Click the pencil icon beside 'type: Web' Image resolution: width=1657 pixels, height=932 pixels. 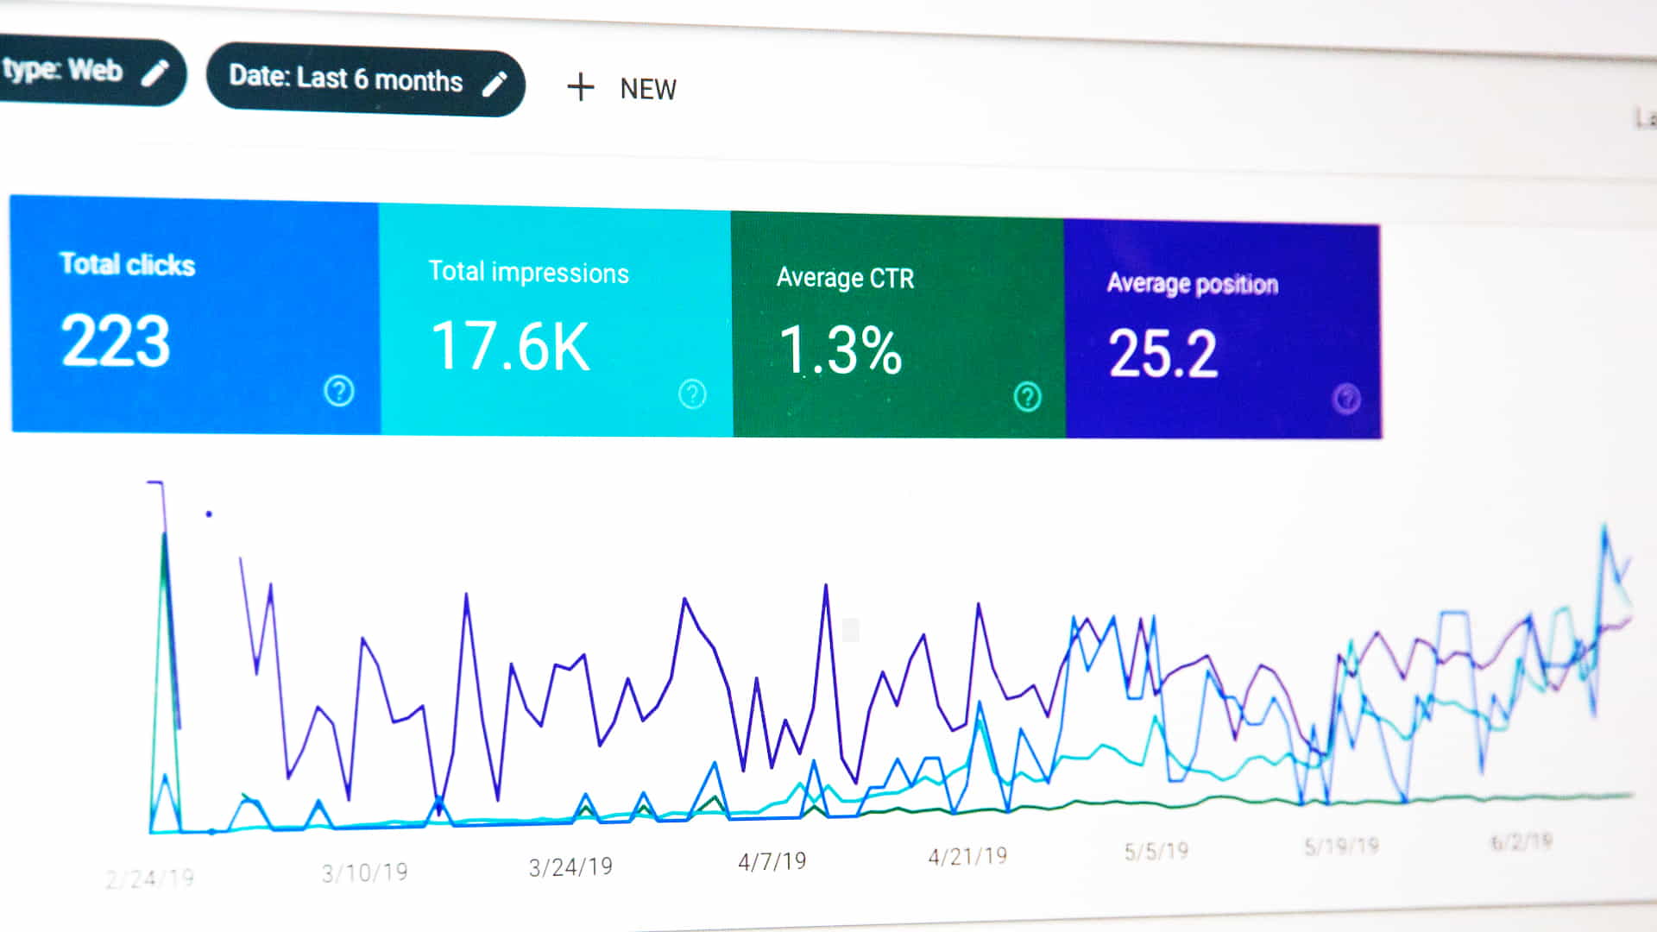[x=155, y=73]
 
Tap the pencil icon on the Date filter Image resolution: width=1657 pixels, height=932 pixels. [x=495, y=84]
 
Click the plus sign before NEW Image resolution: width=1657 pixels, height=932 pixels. [x=580, y=87]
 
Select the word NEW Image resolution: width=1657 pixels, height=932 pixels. [x=648, y=89]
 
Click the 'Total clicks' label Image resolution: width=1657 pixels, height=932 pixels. [x=127, y=264]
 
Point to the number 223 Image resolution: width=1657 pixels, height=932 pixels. [x=116, y=341]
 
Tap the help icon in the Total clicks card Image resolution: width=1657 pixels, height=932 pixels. [x=338, y=391]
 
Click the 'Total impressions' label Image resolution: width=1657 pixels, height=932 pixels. [x=528, y=272]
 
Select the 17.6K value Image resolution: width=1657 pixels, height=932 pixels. [x=511, y=346]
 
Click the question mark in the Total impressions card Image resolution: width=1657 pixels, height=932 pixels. [x=691, y=394]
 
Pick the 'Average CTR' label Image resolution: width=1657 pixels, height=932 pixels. [x=845, y=278]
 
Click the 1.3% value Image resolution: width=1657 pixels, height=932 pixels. [x=841, y=350]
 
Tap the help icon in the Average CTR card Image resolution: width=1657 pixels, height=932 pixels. [x=1027, y=397]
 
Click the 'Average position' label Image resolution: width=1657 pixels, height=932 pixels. [x=1192, y=283]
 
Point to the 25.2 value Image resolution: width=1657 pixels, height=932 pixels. [x=1162, y=354]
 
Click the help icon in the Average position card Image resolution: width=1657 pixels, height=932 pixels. [x=1346, y=399]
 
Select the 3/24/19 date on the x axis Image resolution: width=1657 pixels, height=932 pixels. [x=570, y=866]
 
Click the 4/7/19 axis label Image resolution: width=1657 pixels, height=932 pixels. [x=772, y=861]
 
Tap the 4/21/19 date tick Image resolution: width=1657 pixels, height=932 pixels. [x=967, y=856]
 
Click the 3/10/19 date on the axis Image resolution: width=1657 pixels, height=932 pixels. [x=364, y=872]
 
